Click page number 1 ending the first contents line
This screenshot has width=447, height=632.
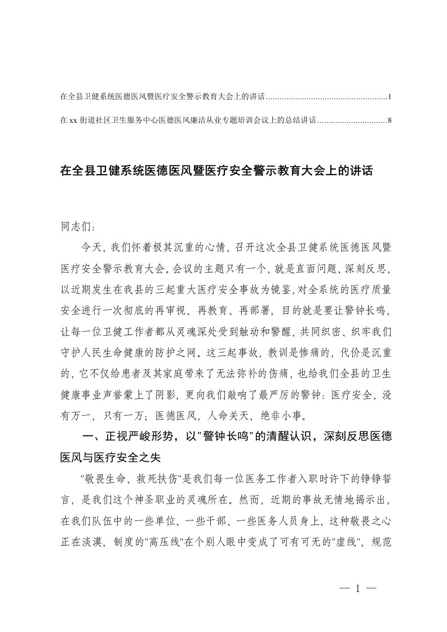[x=390, y=97]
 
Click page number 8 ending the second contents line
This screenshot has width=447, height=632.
[x=390, y=120]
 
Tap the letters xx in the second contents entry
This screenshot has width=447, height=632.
[x=73, y=120]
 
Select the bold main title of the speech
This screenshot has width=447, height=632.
[x=216, y=171]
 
